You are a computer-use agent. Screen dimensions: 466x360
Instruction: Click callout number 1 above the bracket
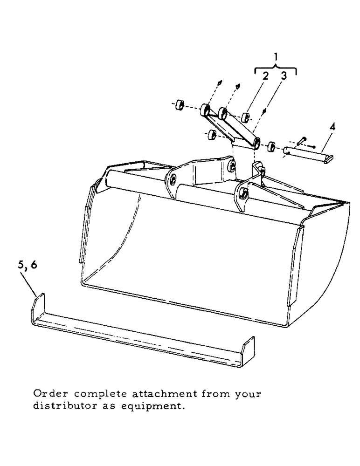(276, 57)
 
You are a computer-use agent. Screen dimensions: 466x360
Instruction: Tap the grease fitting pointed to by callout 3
(265, 111)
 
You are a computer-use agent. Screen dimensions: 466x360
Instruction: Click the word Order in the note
(47, 394)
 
